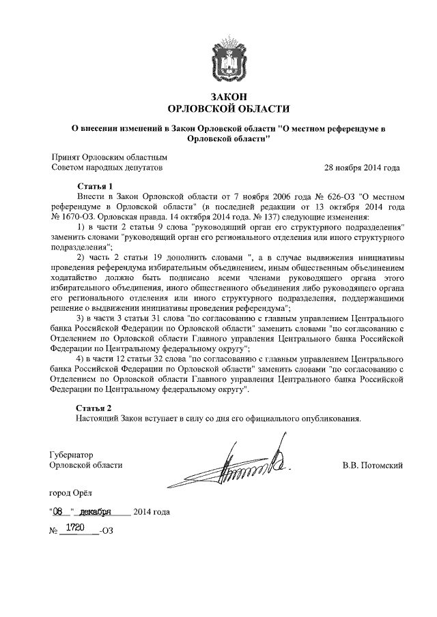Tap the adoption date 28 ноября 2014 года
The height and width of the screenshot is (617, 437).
click(x=362, y=166)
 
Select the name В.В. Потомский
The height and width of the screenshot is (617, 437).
click(x=373, y=465)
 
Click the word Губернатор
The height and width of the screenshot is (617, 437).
click(x=71, y=453)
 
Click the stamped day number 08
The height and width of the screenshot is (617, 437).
click(x=61, y=511)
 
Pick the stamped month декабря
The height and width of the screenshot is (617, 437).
click(x=95, y=511)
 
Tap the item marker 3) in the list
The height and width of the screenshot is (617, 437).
click(x=81, y=318)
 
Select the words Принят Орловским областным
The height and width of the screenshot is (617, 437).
click(x=109, y=156)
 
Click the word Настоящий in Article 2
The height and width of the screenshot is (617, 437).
click(x=97, y=418)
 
